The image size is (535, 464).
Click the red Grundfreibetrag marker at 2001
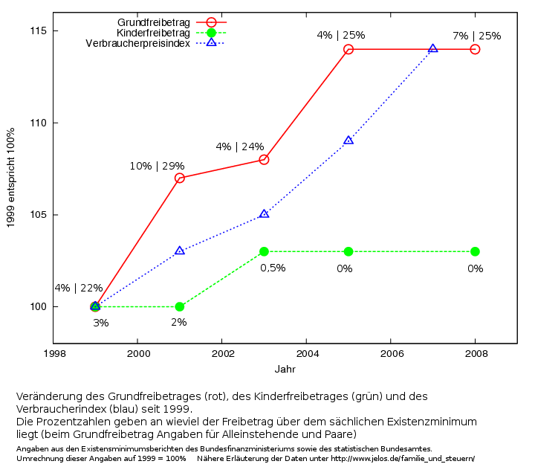(x=180, y=178)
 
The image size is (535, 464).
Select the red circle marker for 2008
(x=475, y=49)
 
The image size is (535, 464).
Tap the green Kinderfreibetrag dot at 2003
(x=264, y=251)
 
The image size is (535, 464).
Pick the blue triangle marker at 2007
(x=432, y=49)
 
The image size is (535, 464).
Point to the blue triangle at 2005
(x=348, y=141)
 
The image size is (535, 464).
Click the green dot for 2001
(x=180, y=306)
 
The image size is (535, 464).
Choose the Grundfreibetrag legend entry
(x=154, y=22)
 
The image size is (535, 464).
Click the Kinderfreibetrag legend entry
(x=154, y=33)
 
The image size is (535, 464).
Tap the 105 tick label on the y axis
(x=38, y=215)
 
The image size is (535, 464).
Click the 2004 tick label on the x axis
(x=306, y=354)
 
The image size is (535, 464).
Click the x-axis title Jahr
(x=285, y=369)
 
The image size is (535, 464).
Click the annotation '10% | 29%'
(x=157, y=166)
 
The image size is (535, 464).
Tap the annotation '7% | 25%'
(x=476, y=36)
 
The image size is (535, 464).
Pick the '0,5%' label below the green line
(x=273, y=268)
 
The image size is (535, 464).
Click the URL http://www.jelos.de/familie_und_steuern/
(x=402, y=458)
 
